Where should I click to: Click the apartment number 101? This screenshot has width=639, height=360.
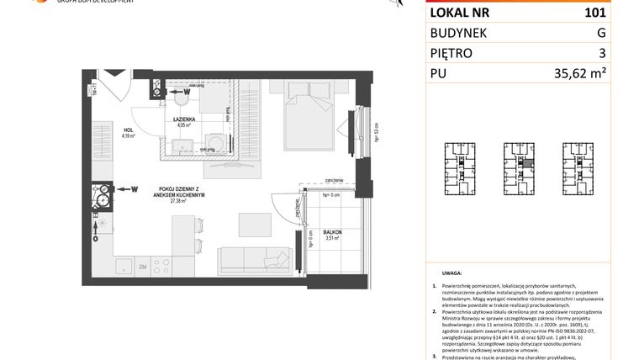click(x=594, y=13)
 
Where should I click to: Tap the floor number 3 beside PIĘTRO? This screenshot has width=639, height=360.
click(x=601, y=53)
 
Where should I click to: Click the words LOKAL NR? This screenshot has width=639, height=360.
click(x=461, y=13)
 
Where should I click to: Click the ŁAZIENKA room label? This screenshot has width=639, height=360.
click(x=185, y=119)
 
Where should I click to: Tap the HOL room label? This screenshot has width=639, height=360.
click(x=128, y=129)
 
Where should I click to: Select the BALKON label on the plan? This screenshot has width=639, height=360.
click(x=332, y=231)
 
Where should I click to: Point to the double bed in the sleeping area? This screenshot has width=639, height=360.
click(x=308, y=126)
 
